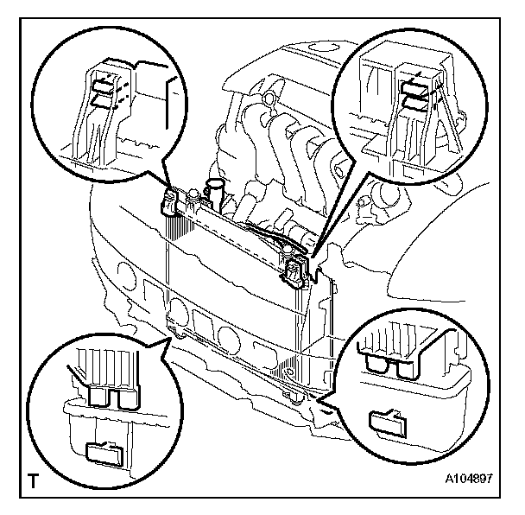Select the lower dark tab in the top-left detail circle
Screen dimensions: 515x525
103,100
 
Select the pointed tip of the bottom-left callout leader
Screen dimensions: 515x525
171,334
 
